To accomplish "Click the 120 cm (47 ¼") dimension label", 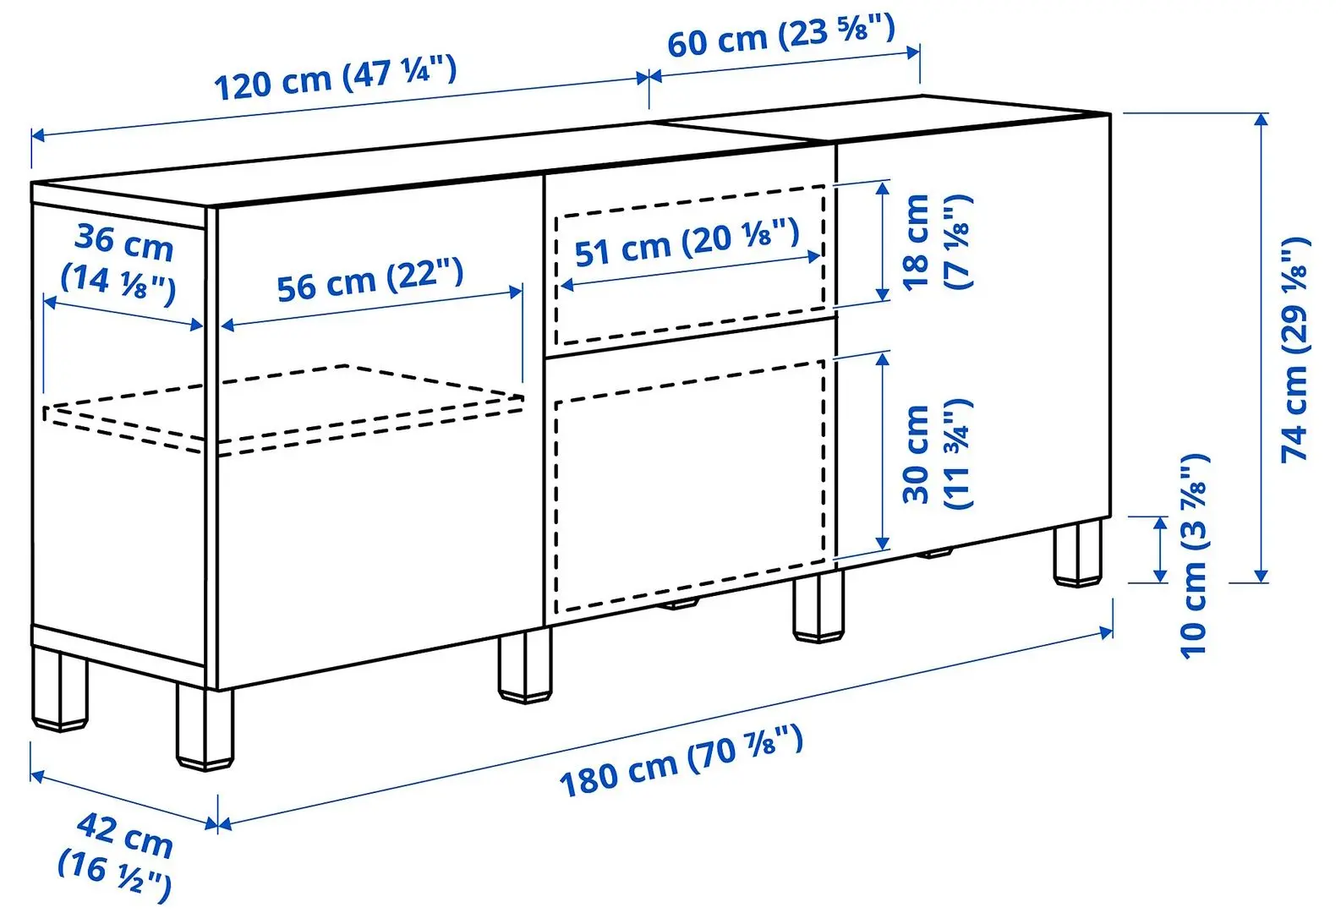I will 335,77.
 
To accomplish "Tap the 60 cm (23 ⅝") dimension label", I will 780,36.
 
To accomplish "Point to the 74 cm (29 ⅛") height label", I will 1295,349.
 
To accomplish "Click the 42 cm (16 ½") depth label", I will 117,855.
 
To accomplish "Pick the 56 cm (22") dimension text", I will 370,280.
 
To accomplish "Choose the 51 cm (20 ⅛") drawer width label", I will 687,241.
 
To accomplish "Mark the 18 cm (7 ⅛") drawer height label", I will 937,242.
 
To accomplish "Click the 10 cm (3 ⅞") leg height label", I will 1194,556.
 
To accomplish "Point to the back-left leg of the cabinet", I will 60,689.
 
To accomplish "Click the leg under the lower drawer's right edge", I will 818,607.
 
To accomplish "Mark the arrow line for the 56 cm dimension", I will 372,309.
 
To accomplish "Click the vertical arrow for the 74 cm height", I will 1261,348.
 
